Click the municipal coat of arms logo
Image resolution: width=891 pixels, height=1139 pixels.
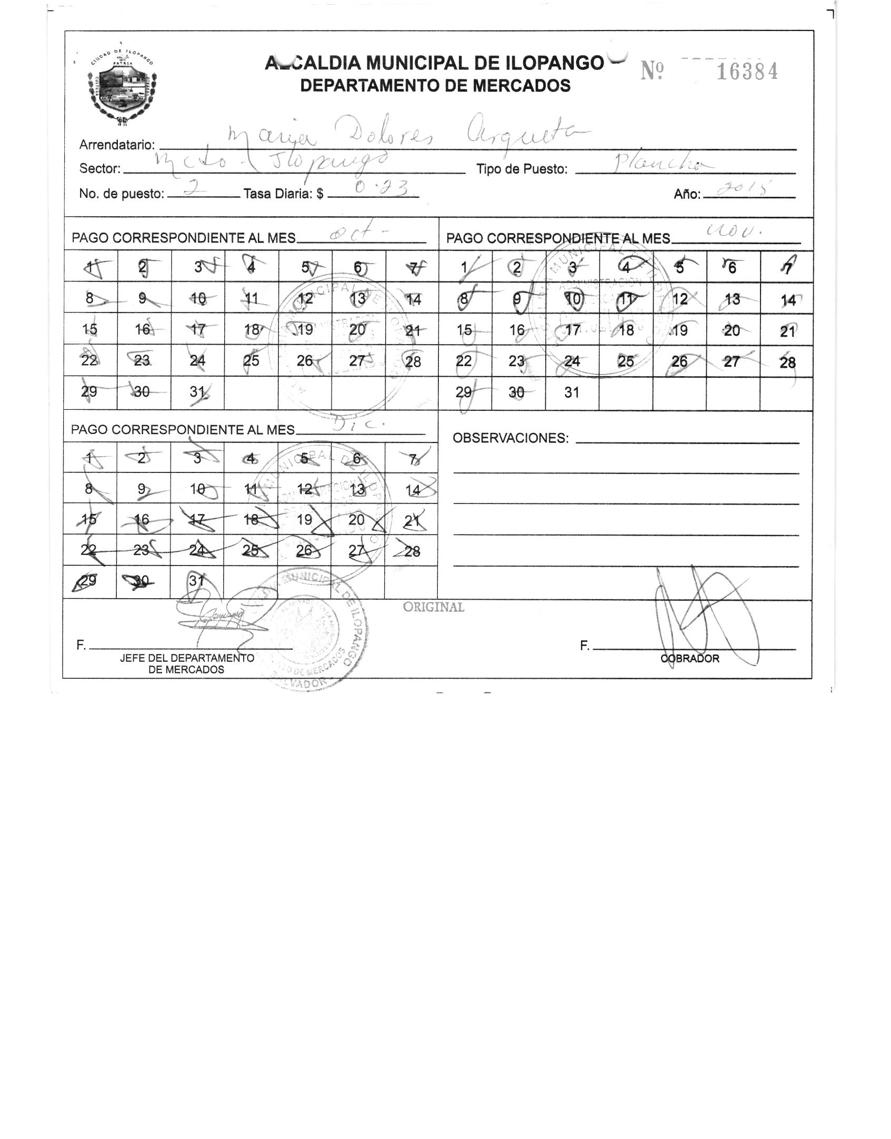point(122,87)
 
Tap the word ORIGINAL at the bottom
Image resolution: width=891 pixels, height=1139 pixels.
point(434,607)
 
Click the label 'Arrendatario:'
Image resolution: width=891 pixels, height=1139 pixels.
point(117,145)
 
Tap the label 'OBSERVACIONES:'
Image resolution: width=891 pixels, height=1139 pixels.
point(510,438)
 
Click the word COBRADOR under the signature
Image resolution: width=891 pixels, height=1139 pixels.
point(690,659)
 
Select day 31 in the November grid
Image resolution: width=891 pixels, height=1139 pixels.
point(572,392)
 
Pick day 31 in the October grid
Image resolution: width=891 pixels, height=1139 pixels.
point(197,392)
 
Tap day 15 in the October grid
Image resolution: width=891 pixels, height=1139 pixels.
point(90,330)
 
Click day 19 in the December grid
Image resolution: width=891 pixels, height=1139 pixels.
point(305,520)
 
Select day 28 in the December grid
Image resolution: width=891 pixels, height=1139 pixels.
point(412,551)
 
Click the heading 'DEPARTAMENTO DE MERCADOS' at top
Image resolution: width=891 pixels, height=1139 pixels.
point(435,85)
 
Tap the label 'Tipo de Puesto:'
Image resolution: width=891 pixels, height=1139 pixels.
point(522,169)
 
